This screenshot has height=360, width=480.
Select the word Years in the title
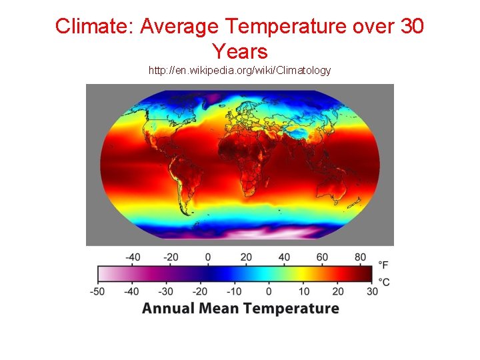239,51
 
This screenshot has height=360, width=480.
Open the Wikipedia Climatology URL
239,70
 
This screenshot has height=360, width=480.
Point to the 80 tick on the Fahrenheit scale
361,257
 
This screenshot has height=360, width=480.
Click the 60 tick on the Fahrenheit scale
322,257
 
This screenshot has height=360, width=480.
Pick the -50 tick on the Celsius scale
98,291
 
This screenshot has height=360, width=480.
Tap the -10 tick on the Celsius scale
234,291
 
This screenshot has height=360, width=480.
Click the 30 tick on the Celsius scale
372,291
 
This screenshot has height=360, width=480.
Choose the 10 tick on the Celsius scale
304,291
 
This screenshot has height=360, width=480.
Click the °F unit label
383,265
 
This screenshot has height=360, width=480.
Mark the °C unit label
383,282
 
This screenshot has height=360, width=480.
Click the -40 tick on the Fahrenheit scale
134,257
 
